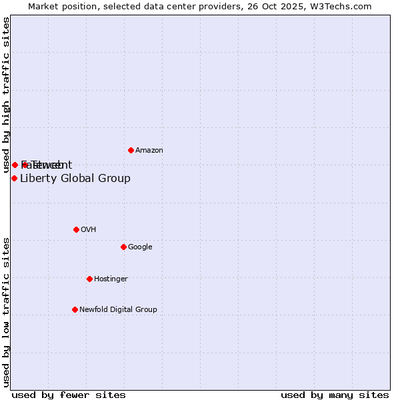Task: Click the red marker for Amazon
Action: (x=131, y=150)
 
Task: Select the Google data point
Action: (x=123, y=247)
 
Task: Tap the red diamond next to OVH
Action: (x=76, y=229)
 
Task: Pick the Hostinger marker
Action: (x=89, y=279)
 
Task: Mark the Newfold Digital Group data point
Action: (x=75, y=309)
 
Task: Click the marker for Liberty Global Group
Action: (x=14, y=178)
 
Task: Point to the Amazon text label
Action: (x=149, y=151)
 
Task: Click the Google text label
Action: (x=140, y=247)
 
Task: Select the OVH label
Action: (x=89, y=230)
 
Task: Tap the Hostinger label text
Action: (x=111, y=279)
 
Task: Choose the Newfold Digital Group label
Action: (x=118, y=310)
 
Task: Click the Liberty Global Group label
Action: (x=75, y=179)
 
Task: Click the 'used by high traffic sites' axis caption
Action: (x=7, y=95)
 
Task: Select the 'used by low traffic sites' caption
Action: (x=7, y=311)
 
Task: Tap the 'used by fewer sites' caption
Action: (x=69, y=395)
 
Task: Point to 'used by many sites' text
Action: (x=335, y=395)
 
